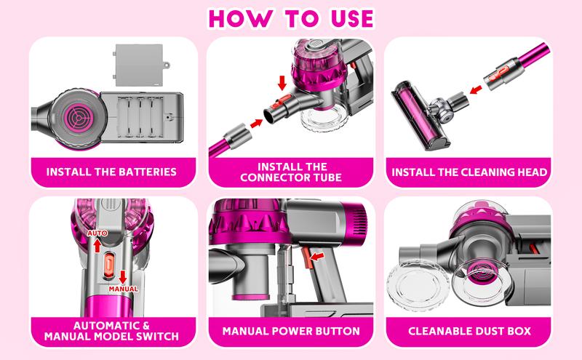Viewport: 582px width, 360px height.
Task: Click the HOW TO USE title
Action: (x=291, y=19)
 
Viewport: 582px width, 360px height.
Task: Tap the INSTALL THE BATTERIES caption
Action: (x=111, y=172)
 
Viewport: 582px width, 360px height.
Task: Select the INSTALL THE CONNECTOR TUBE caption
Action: (x=291, y=172)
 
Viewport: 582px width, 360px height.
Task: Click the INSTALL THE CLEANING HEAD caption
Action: (x=469, y=172)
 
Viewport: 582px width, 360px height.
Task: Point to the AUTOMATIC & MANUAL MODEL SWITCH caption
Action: (x=111, y=331)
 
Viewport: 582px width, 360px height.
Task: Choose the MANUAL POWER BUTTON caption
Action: (x=291, y=331)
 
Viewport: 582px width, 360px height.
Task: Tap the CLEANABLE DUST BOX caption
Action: (x=469, y=331)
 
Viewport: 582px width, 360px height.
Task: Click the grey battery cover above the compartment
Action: (x=140, y=65)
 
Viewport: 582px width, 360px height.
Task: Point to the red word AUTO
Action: (x=97, y=233)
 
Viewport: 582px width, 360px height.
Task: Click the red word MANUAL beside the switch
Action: (x=123, y=289)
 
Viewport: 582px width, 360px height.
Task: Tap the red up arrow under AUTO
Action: (x=97, y=245)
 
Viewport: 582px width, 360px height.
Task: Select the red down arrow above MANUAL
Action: (x=123, y=277)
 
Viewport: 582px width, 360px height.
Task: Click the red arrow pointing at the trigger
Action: (x=317, y=256)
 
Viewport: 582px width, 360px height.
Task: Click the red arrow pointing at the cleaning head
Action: (x=476, y=89)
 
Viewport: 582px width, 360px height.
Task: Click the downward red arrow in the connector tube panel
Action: (x=282, y=83)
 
